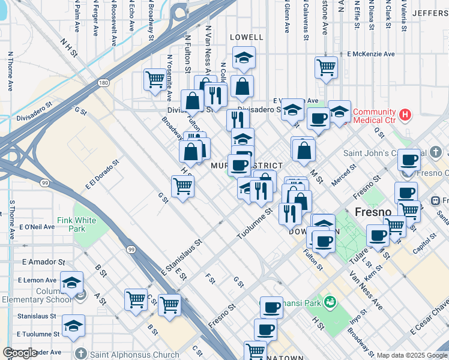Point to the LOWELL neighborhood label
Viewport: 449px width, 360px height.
tap(246, 37)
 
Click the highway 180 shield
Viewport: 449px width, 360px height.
tap(104, 82)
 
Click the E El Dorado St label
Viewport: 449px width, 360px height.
tap(103, 174)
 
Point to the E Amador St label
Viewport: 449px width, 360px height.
tap(43, 262)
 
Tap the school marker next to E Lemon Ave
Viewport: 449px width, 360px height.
tap(71, 283)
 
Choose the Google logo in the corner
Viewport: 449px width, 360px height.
tap(20, 353)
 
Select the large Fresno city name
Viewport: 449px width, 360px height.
tap(373, 212)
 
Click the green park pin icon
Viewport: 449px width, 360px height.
tap(329, 301)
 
